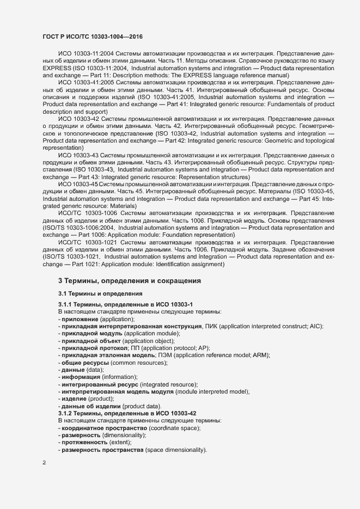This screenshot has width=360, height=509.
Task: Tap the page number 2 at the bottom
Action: pos(44,463)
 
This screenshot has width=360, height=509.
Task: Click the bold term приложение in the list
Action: pos(80,319)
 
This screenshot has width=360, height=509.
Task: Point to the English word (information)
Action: pos(119,377)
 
